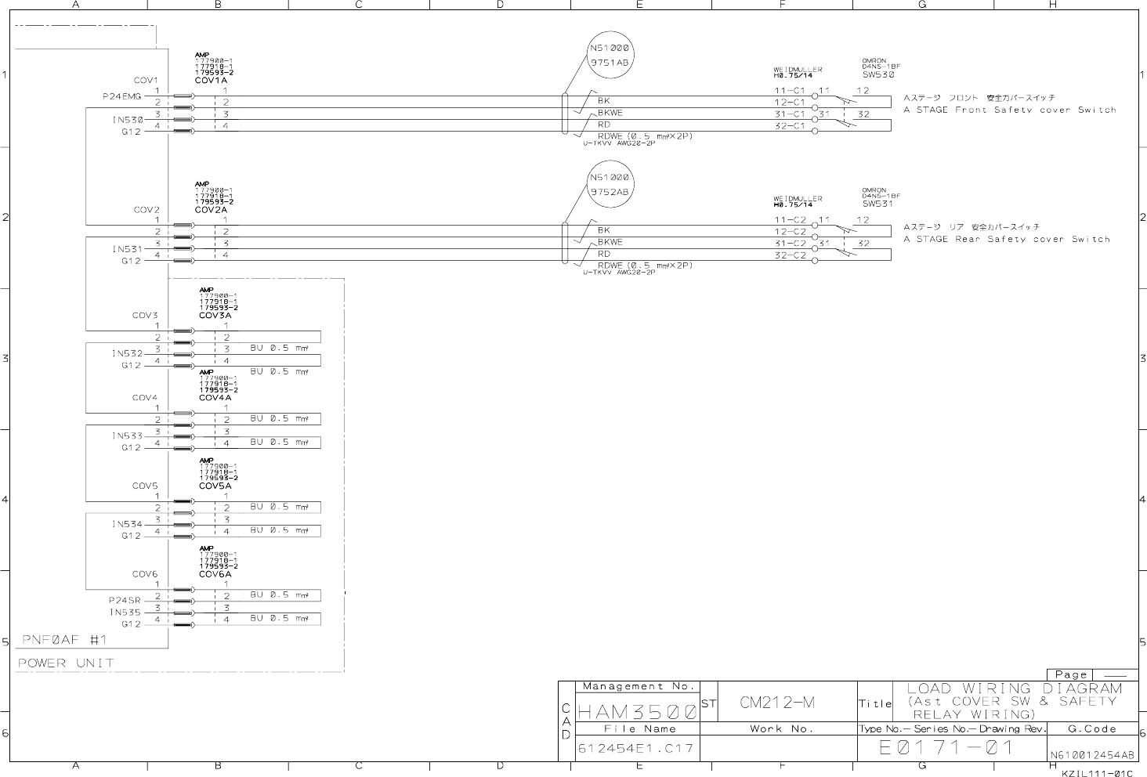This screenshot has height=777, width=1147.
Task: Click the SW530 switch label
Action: tap(877, 75)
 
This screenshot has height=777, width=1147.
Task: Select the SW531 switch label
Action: tap(877, 204)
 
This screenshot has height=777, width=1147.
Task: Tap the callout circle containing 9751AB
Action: tap(610, 54)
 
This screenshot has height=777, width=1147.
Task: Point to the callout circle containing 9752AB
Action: tap(610, 184)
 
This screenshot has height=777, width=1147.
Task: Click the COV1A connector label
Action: tap(211, 81)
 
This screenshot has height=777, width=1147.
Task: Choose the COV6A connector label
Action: tap(215, 574)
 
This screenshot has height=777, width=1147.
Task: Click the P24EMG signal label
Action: tap(122, 96)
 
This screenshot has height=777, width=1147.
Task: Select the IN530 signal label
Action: tap(127, 120)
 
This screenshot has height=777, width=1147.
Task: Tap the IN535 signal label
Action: tap(125, 613)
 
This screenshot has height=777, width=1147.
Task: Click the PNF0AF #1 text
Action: tap(64, 640)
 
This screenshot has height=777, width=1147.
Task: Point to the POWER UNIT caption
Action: tap(66, 663)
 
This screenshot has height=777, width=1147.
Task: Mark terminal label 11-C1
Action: tap(790, 91)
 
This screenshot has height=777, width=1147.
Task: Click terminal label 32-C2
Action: tap(790, 255)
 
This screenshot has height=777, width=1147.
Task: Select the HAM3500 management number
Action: tap(637, 712)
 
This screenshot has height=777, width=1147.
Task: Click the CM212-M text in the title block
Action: tap(777, 703)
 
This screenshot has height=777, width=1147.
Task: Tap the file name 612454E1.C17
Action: tap(635, 749)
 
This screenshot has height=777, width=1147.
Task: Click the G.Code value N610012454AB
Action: tap(1091, 756)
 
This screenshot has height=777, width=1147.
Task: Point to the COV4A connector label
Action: tap(215, 398)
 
